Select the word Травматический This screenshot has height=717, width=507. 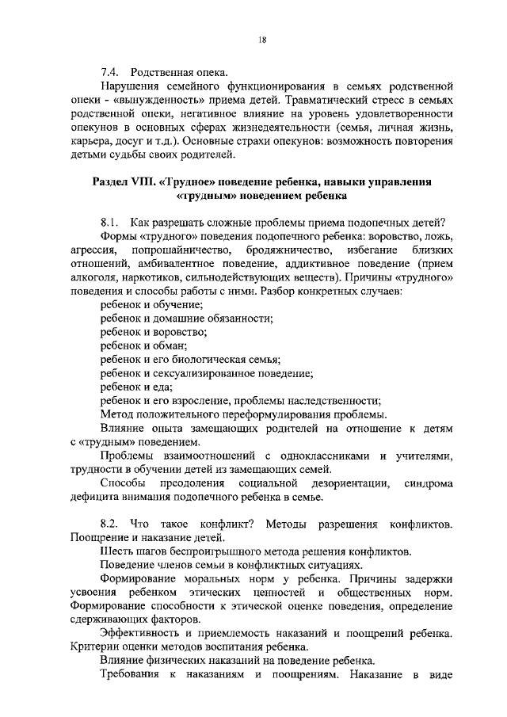click(x=313, y=103)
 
